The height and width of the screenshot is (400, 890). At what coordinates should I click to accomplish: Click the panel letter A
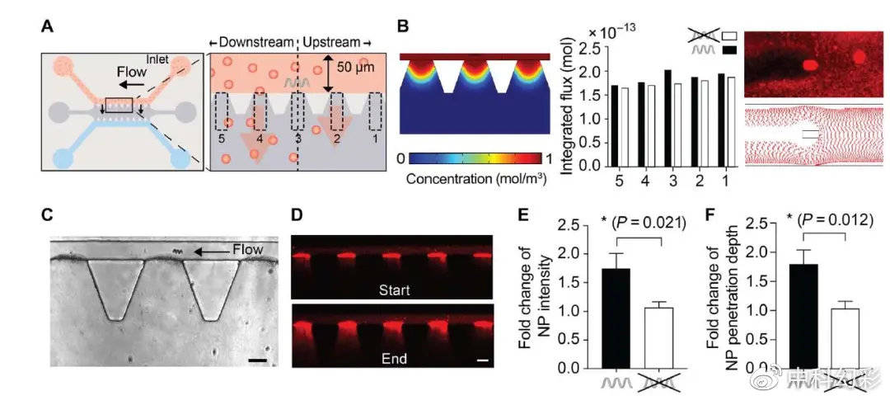pos(49,28)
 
